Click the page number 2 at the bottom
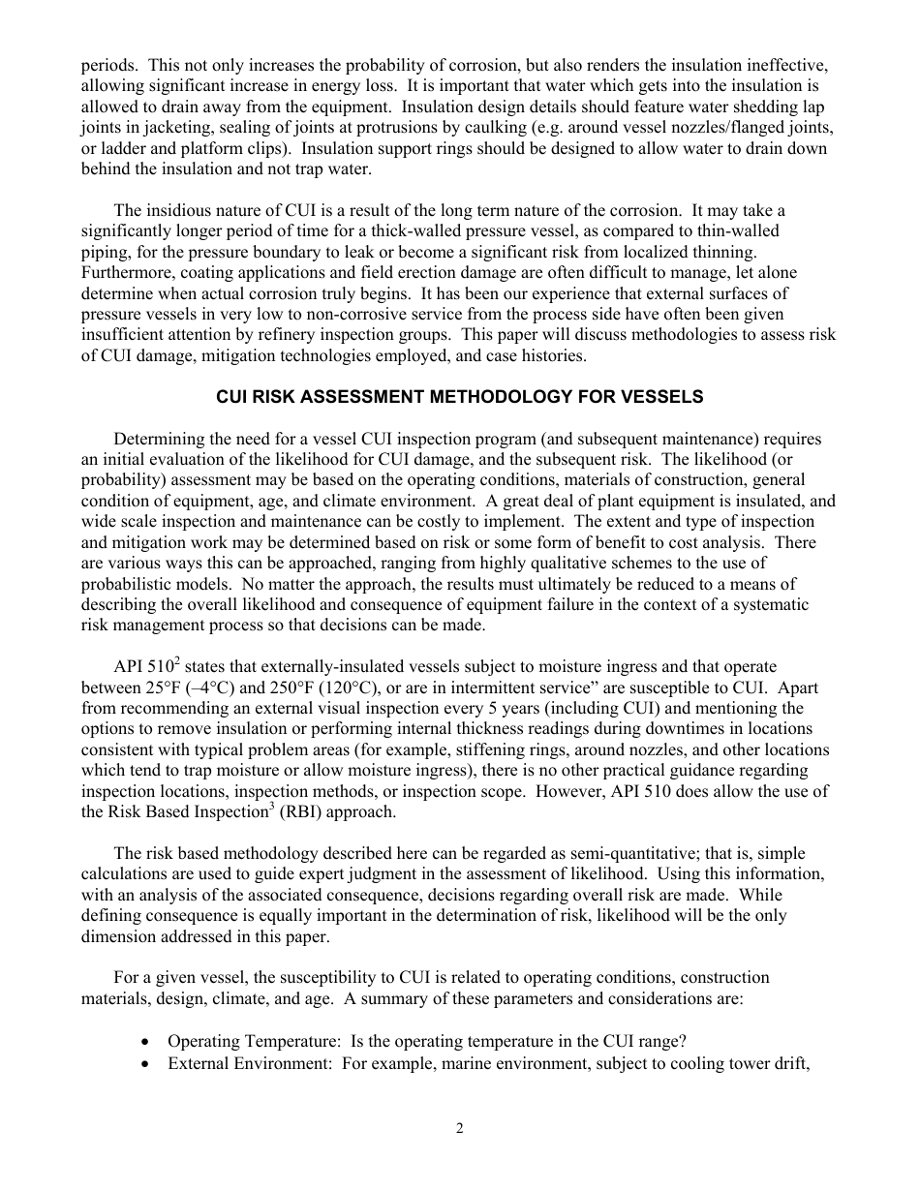[460, 1128]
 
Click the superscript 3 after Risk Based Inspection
[257, 807]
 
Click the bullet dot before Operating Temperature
[144, 1042]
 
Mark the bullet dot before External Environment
[144, 1062]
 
